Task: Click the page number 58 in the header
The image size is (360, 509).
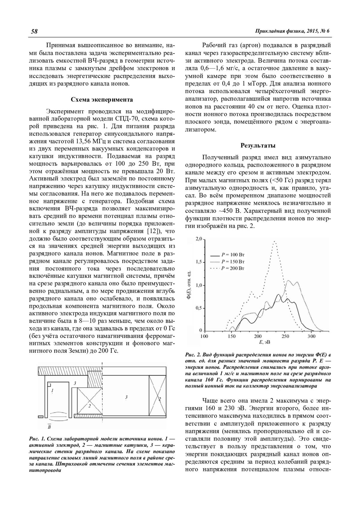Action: click(34, 31)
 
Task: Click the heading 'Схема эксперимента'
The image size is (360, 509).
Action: click(102, 100)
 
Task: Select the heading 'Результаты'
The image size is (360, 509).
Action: click(258, 146)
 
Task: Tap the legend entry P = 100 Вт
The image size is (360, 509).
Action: click(233, 255)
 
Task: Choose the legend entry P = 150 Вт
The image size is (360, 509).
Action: click(233, 262)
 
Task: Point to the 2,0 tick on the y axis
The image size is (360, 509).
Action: click(199, 239)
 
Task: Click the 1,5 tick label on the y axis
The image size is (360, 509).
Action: click(199, 262)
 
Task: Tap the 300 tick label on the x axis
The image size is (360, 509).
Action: click(312, 336)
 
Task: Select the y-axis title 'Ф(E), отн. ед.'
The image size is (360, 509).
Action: click(189, 285)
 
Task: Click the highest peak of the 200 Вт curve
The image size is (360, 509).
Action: click(274, 241)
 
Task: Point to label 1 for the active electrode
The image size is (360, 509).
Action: click(52, 390)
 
